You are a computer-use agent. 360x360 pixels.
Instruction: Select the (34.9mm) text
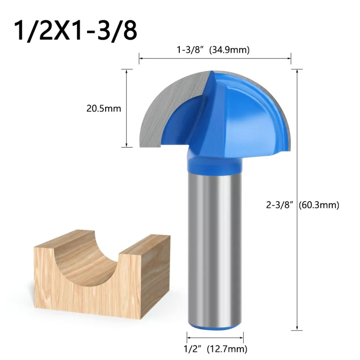tap(229, 50)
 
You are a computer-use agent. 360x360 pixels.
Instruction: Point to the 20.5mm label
tap(103, 109)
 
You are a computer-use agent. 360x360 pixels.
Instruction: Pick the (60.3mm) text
tap(319, 205)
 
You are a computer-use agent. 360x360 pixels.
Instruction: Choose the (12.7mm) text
tap(230, 349)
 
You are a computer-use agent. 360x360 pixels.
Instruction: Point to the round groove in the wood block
tap(87, 259)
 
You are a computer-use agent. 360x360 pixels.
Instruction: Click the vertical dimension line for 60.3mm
tap(297, 262)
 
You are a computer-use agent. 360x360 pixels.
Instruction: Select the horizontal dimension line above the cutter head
tap(215, 58)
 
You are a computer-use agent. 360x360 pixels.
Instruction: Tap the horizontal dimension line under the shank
tap(215, 337)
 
